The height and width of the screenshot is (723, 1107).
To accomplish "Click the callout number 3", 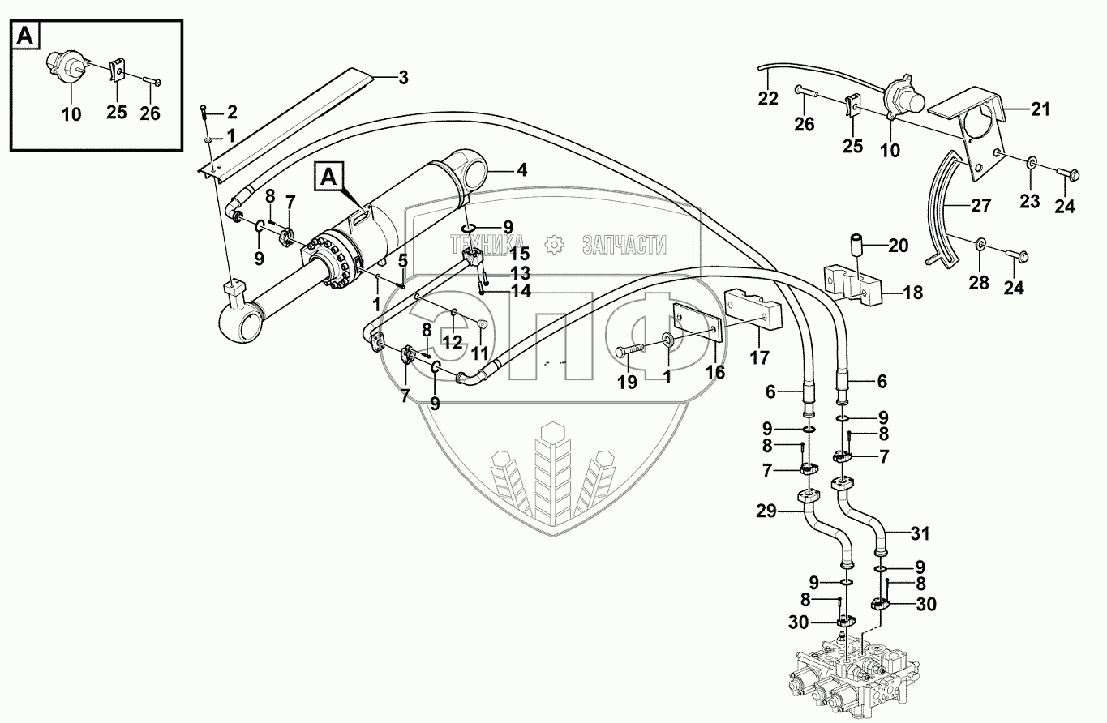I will (403, 78).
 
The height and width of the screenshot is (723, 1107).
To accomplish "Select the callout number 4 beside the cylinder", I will (521, 171).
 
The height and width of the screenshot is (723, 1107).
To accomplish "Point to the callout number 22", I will (768, 99).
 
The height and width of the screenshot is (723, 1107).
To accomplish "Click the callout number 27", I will (981, 206).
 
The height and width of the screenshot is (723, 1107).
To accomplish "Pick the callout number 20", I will (899, 246).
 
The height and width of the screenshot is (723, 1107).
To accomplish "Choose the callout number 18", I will (913, 293).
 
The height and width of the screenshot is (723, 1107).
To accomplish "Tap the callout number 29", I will (767, 511).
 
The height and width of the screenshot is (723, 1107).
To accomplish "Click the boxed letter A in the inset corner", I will (25, 35).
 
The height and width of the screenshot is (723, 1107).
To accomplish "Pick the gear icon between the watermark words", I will (555, 243).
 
